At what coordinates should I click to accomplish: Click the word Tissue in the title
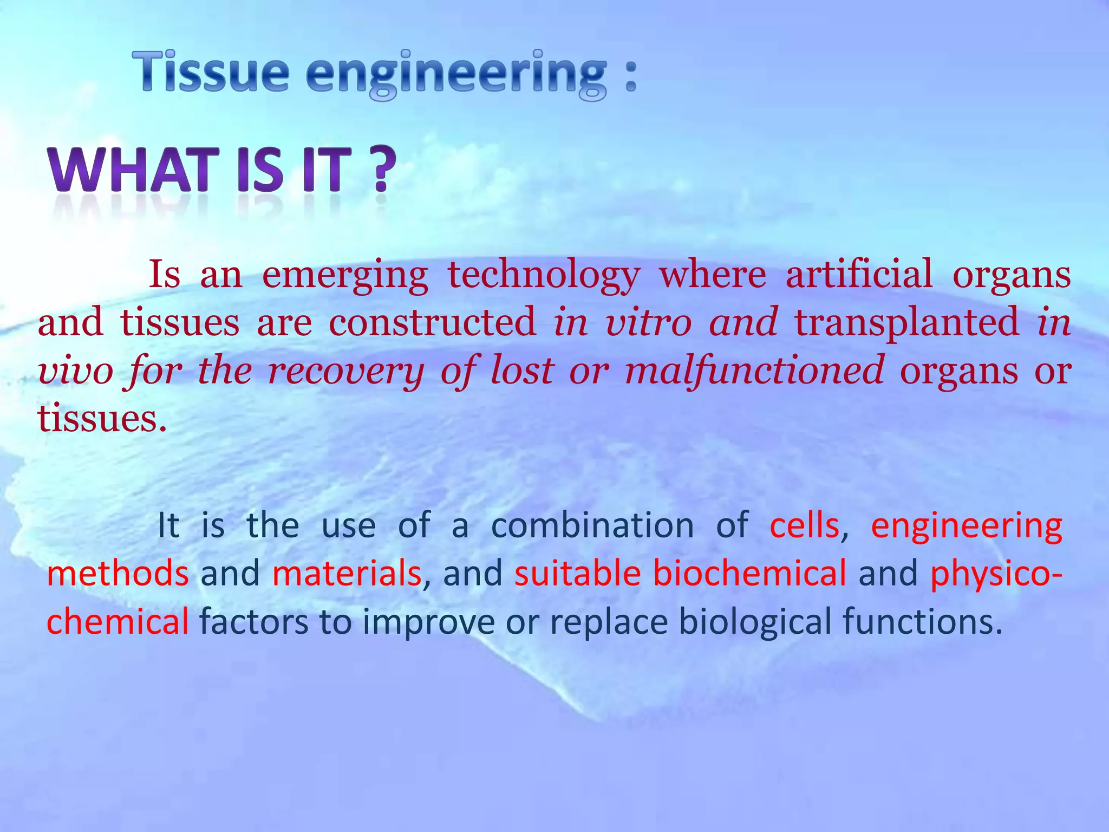(211, 71)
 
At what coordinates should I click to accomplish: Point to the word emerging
(345, 275)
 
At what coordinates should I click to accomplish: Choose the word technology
(544, 275)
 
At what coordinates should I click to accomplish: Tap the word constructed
(432, 322)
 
